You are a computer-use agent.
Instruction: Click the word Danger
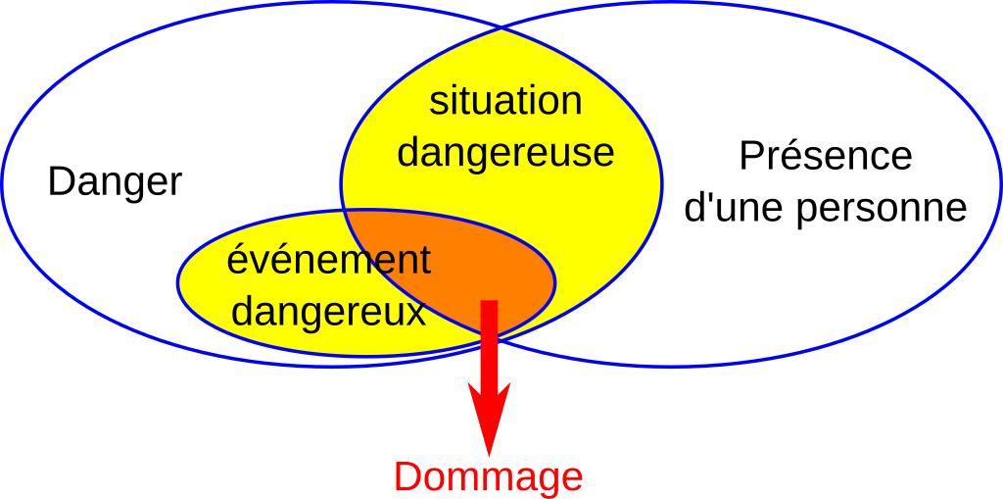point(115,182)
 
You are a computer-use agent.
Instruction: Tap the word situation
point(505,101)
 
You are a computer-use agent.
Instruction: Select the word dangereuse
point(505,153)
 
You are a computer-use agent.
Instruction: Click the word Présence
point(825,156)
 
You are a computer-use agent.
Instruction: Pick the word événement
point(328,261)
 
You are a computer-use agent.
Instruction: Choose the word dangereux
point(328,313)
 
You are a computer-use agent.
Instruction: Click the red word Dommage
point(488,477)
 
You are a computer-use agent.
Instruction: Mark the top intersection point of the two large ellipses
point(501,28)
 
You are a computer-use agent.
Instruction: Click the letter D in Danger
point(60,182)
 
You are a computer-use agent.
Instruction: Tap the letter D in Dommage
point(406,477)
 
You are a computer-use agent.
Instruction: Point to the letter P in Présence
point(749,156)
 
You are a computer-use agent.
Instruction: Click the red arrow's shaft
point(489,343)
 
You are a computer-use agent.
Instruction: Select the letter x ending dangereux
point(416,314)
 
